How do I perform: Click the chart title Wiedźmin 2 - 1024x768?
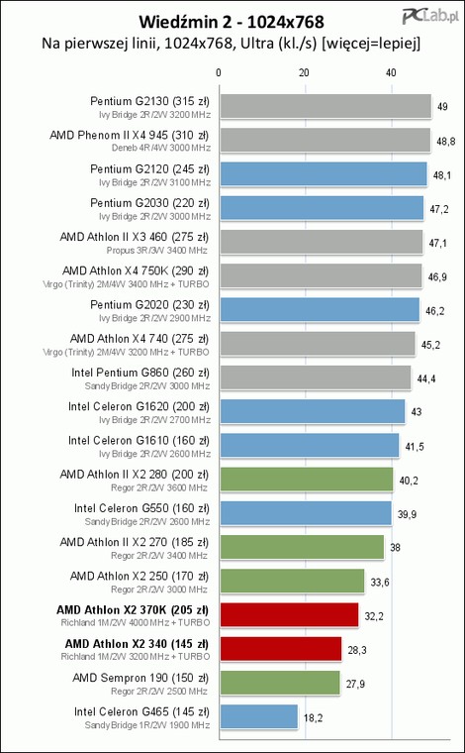232,22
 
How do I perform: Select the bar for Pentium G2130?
325,106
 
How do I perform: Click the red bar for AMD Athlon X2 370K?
289,615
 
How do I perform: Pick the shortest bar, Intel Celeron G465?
259,717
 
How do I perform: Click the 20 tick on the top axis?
304,73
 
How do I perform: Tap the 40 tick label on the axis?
391,73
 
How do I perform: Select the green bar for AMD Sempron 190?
280,683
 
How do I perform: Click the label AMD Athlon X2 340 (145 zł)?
137,643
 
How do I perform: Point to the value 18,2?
313,718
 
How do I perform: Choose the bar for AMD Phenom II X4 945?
325,141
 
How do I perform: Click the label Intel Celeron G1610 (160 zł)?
139,440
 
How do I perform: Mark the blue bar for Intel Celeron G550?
306,513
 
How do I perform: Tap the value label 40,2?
408,481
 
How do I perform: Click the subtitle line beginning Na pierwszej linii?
232,45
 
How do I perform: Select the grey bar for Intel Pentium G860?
316,377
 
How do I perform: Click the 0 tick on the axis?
219,73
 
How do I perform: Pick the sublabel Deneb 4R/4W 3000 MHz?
161,148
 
